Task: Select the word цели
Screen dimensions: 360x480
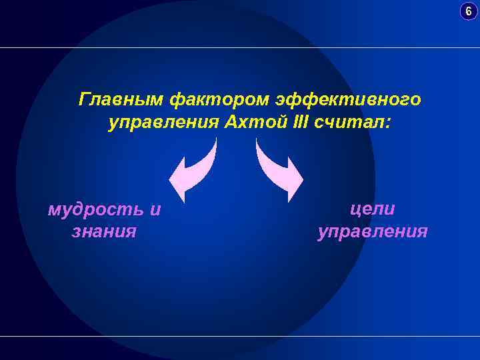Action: click(373, 209)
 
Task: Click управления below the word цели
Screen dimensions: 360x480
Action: click(373, 232)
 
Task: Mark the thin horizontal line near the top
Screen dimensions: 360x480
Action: click(240, 47)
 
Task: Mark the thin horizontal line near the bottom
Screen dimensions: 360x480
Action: click(240, 336)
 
